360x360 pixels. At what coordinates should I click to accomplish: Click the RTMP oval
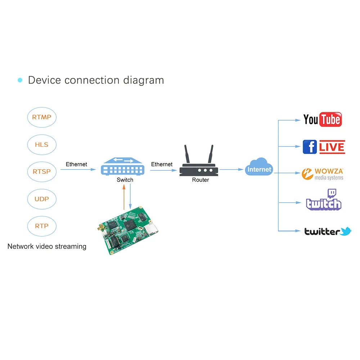click(x=42, y=117)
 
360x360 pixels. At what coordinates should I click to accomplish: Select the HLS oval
click(x=42, y=145)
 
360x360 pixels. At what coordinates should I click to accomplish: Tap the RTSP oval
click(x=42, y=172)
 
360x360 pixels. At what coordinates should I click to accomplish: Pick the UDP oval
click(x=42, y=199)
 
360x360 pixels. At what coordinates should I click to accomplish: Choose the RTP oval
click(x=42, y=226)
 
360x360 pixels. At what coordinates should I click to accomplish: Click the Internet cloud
click(x=259, y=168)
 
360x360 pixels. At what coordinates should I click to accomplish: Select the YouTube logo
click(x=322, y=120)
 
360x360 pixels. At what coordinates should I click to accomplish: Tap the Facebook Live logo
click(x=324, y=147)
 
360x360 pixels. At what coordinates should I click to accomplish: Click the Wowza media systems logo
click(x=323, y=174)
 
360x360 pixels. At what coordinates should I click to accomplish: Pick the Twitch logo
click(x=323, y=201)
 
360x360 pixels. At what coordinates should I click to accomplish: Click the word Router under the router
click(x=200, y=180)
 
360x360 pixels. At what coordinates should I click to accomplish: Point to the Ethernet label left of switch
click(x=76, y=164)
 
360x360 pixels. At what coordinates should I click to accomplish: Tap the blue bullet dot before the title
click(x=20, y=80)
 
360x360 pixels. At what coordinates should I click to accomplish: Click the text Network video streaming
click(x=47, y=247)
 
